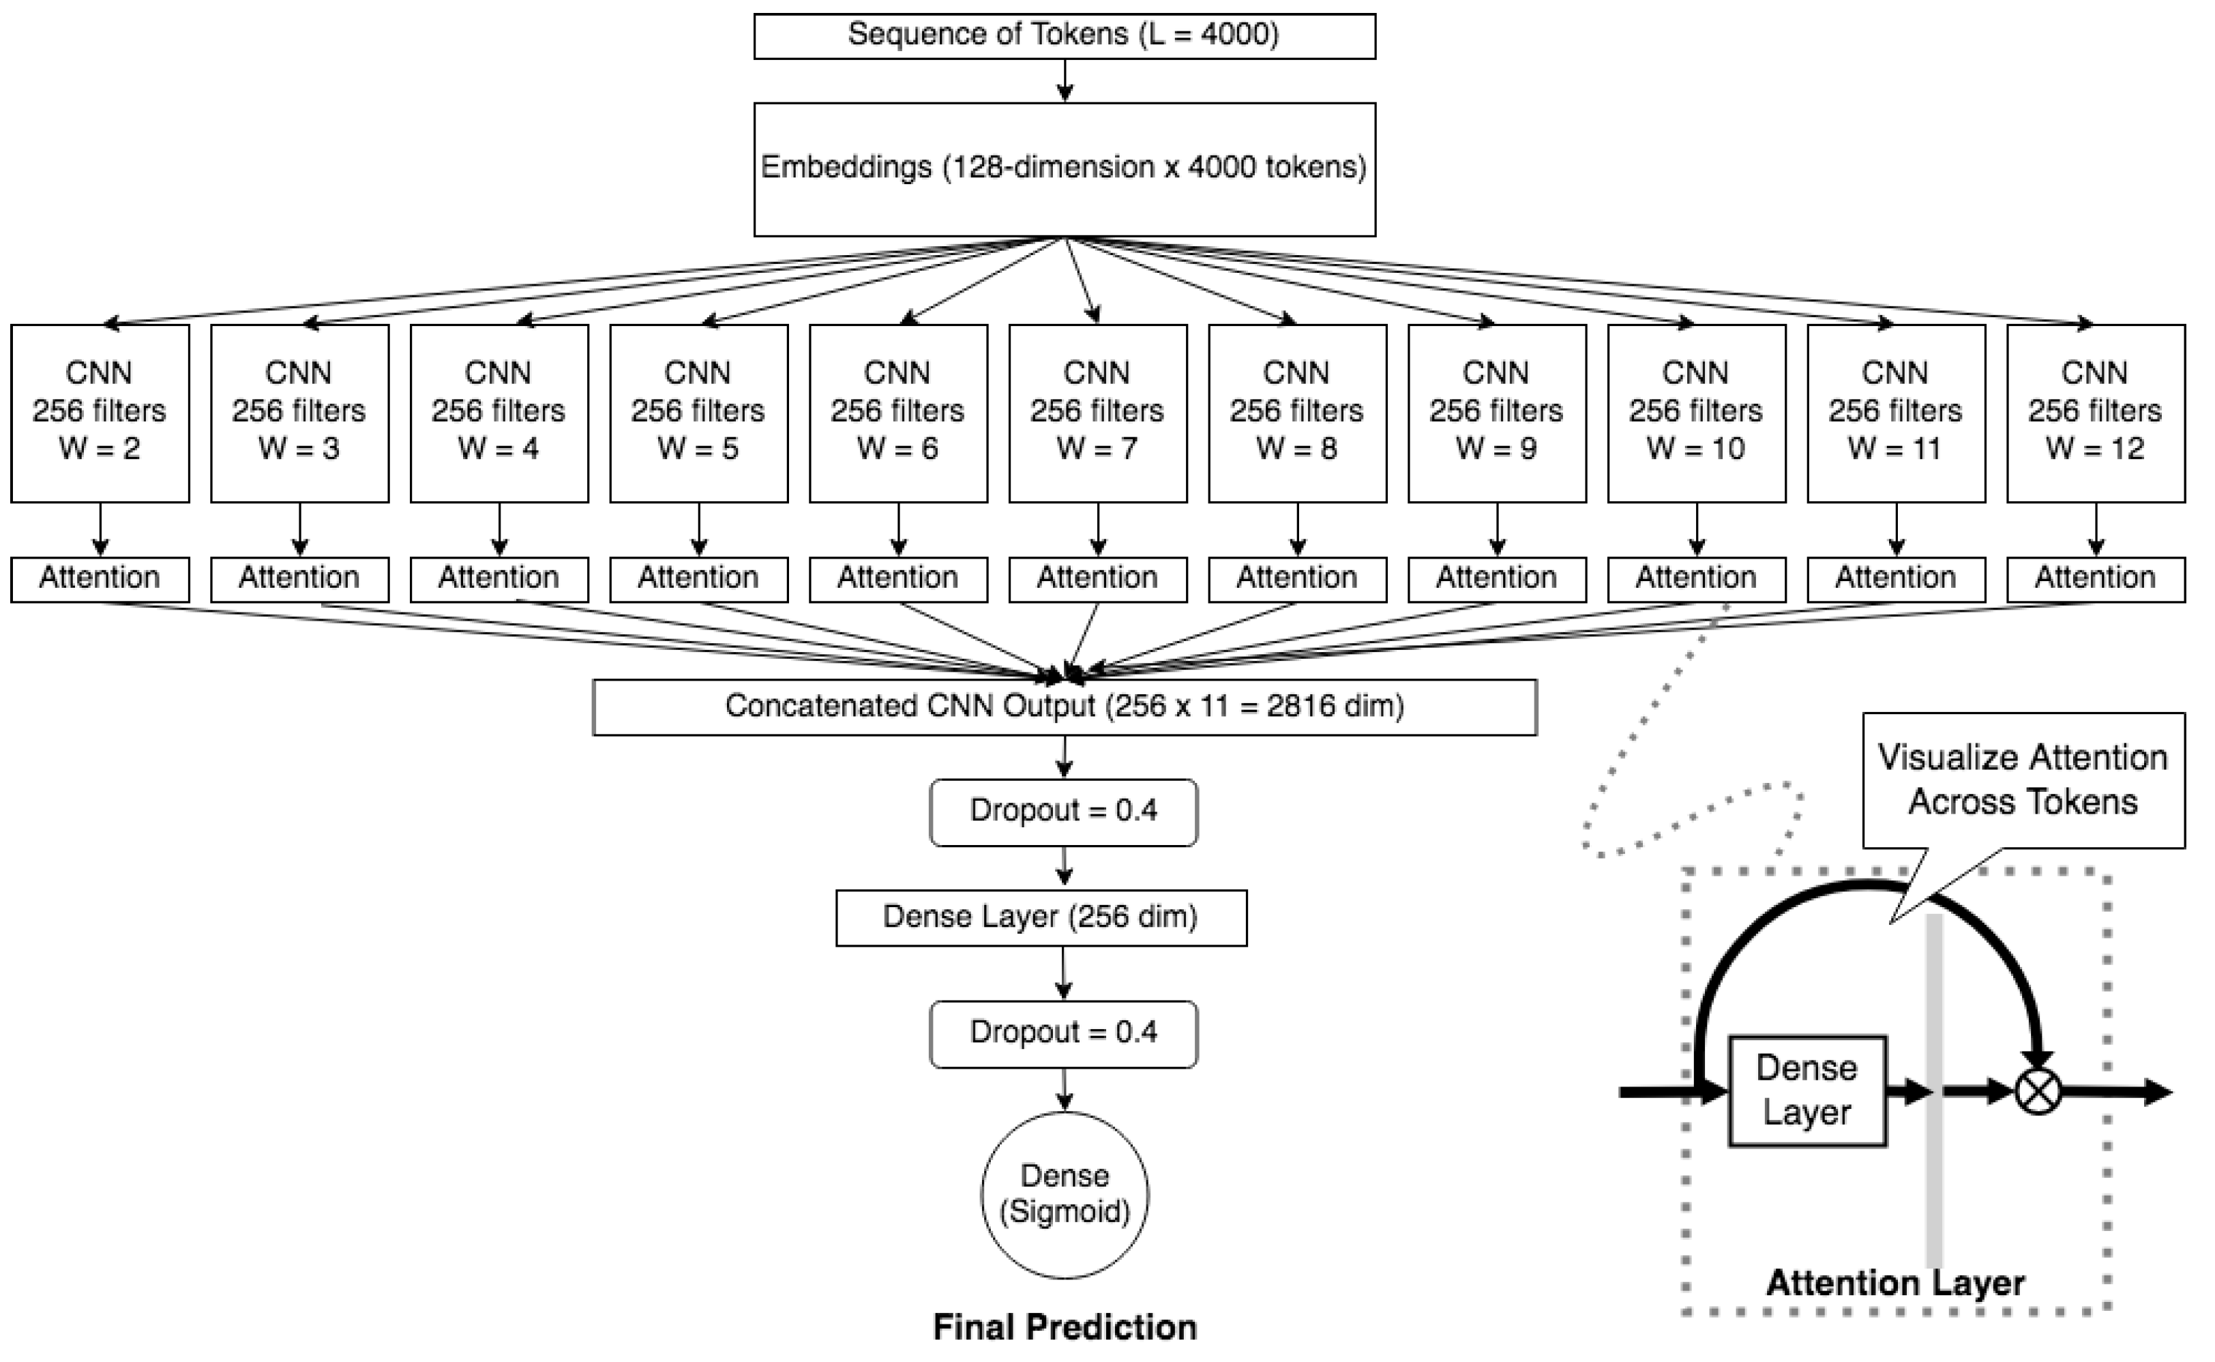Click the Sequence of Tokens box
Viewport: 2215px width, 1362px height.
click(1064, 36)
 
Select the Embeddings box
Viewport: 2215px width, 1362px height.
click(1064, 169)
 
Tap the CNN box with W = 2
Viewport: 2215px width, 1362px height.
click(100, 413)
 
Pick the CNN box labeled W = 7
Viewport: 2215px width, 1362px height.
click(1097, 413)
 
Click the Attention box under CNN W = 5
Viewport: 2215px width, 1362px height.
click(698, 579)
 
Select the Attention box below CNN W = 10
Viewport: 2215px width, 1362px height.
click(1696, 579)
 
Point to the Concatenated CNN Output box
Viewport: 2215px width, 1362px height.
click(1064, 707)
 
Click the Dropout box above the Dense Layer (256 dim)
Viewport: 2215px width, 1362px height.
click(1064, 812)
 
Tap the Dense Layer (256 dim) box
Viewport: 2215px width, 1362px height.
click(1041, 918)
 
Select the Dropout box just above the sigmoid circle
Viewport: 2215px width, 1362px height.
click(1064, 1033)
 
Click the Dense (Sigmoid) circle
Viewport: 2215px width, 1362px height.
click(1064, 1194)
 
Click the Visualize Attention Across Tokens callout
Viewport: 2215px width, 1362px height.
click(2023, 780)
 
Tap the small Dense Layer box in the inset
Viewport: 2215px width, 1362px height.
click(1807, 1091)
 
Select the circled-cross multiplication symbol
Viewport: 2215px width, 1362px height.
click(2038, 1092)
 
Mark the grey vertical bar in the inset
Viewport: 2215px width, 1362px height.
click(1934, 1171)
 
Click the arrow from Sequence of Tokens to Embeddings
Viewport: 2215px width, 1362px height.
click(1065, 81)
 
